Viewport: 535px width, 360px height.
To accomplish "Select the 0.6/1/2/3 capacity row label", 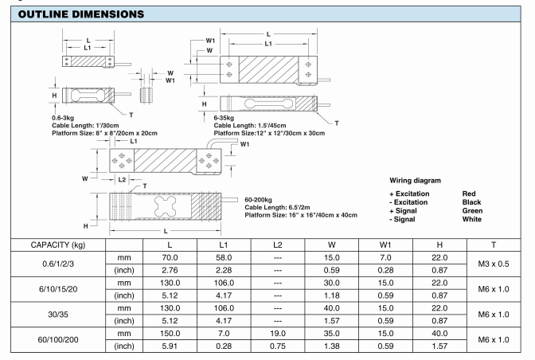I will pyautogui.click(x=53, y=264).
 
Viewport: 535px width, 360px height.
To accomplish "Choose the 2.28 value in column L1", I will pyautogui.click(x=222, y=272).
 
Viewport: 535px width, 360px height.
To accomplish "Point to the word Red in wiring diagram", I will pyautogui.click(x=470, y=194).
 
